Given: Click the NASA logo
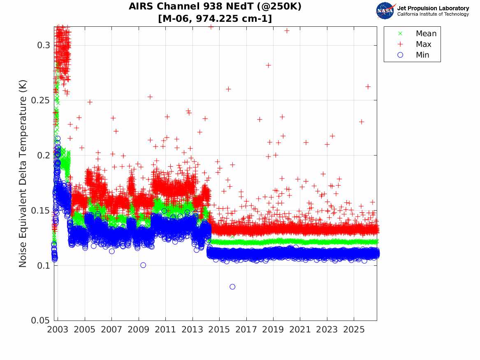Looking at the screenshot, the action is pos(385,11).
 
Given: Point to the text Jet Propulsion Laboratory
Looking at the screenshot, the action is pos(433,8).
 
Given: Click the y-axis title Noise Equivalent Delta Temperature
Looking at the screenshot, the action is pos(23,174).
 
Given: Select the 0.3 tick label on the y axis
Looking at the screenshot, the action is pos(44,45).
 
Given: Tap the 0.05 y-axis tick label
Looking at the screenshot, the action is pos(40,320).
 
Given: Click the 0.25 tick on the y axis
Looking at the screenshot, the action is pos(40,100).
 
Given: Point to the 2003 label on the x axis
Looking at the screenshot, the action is pos(58,330).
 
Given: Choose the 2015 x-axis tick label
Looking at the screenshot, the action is pos(219,330).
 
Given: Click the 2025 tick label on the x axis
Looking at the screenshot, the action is pos(354,330).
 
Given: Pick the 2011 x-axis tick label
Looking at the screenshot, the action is pos(165,330).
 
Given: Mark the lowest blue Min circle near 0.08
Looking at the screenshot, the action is pos(232,287).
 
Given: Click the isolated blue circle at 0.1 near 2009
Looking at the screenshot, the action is pos(143,265).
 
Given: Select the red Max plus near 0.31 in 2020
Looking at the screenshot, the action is pos(287,31).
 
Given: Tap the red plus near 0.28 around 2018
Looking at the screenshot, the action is pos(268,65).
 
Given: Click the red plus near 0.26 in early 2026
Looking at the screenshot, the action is pos(368,87).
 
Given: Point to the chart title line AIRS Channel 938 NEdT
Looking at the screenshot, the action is pos(215,7).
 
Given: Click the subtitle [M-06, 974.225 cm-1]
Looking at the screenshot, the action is pos(215,19).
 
